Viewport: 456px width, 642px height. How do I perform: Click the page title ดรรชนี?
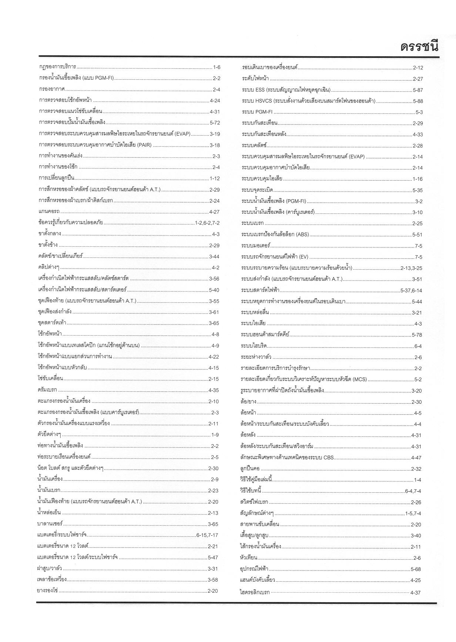pos(419,47)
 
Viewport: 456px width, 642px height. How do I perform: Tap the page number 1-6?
pos(217,67)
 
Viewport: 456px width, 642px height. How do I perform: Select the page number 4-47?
pos(416,458)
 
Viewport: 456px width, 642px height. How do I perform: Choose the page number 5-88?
pos(418,101)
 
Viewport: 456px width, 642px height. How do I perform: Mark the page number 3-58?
pos(213,580)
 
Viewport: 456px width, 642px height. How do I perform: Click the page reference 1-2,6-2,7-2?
pos(207,223)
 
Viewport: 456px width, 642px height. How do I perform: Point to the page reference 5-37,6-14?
pos(411,290)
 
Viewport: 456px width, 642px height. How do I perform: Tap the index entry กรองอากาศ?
pos(52,89)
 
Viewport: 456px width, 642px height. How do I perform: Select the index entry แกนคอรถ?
pos(49,212)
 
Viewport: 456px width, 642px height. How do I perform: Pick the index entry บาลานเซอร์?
pos(50,524)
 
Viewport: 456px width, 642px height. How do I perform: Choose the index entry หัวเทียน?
pos(248,558)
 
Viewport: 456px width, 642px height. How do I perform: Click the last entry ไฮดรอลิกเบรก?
pos(255,592)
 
